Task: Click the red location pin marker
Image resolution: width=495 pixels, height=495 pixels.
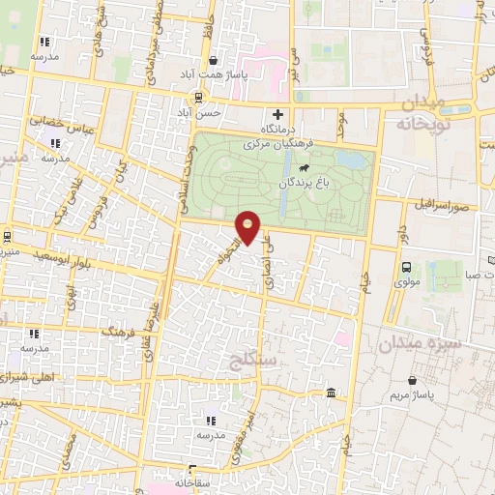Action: click(x=248, y=226)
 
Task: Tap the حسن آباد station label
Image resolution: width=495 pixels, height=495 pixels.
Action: click(x=198, y=112)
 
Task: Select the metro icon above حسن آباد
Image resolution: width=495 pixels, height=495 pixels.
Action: click(x=198, y=97)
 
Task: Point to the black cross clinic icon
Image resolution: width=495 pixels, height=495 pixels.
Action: click(x=277, y=115)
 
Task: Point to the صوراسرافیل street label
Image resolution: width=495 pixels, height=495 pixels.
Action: click(x=445, y=207)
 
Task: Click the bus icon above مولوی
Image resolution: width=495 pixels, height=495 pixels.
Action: click(x=405, y=267)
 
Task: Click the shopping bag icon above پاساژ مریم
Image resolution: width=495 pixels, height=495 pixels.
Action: click(x=413, y=380)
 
